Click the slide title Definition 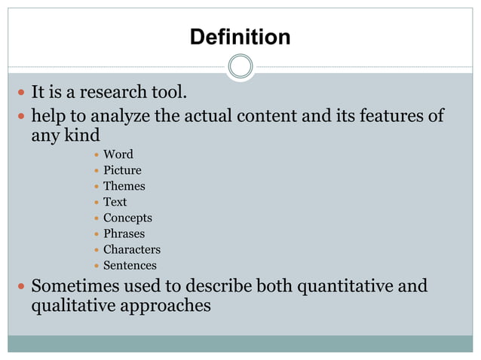point(240,37)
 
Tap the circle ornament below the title point(240,67)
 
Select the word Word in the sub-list point(118,154)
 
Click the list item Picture point(122,170)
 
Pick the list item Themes point(124,186)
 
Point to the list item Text point(115,202)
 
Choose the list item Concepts point(127,218)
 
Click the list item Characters point(131,249)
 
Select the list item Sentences point(130,265)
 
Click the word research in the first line point(112,93)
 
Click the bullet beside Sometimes point(20,287)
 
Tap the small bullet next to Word point(95,155)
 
